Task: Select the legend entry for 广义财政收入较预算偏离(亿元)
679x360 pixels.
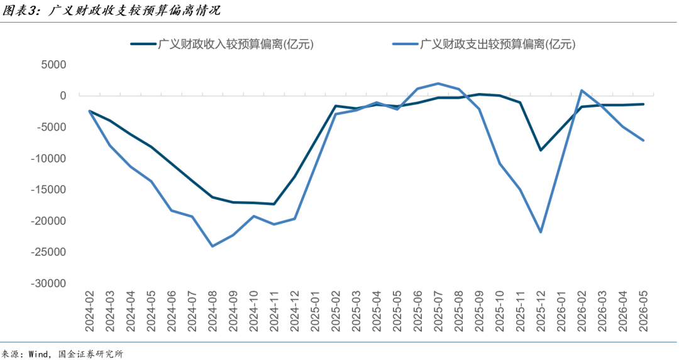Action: coord(222,44)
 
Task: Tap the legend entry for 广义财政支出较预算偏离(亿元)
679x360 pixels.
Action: coord(484,44)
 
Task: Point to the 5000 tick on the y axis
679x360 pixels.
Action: coord(53,65)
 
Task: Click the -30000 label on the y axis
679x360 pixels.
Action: coord(48,283)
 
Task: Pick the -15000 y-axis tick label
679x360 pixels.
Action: coord(48,190)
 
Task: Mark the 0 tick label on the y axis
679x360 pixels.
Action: coord(63,95)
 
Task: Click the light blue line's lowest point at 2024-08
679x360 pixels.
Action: coord(213,246)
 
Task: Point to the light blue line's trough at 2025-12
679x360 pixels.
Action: coord(541,232)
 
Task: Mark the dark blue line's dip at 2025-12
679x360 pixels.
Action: coord(541,150)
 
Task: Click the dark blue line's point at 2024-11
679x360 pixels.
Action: coord(273,204)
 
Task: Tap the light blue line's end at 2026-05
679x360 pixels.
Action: coord(643,140)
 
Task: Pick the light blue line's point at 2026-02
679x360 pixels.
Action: coord(582,90)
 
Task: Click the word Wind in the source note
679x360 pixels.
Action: coord(38,354)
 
